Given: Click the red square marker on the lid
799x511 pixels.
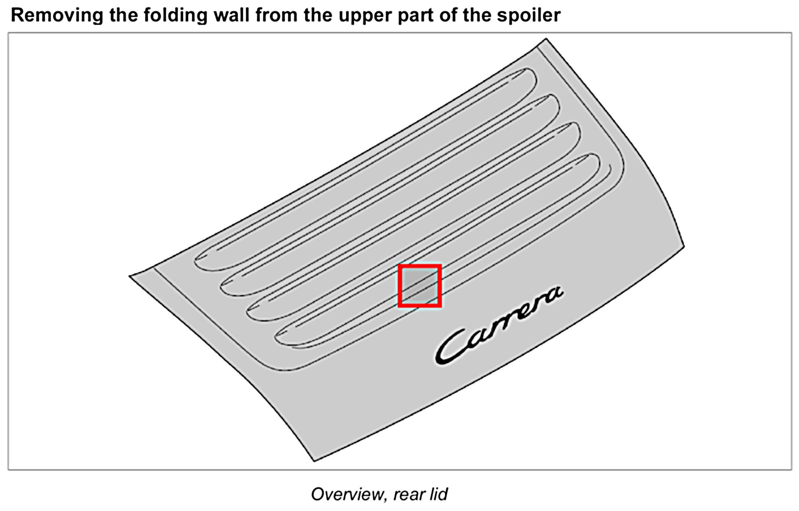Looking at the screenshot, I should pos(420,286).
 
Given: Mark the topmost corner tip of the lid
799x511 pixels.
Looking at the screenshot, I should pos(546,39).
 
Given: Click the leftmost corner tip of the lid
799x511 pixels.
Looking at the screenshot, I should pos(130,276).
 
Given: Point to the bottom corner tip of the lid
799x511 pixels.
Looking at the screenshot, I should pos(314,461).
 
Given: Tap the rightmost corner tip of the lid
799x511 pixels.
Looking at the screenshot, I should pos(683,247).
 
